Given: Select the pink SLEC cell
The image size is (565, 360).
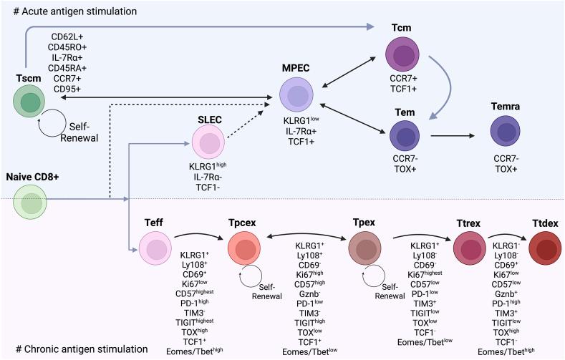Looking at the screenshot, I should click(x=209, y=143).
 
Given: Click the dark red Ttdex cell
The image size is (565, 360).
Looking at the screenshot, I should click(x=546, y=249).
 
